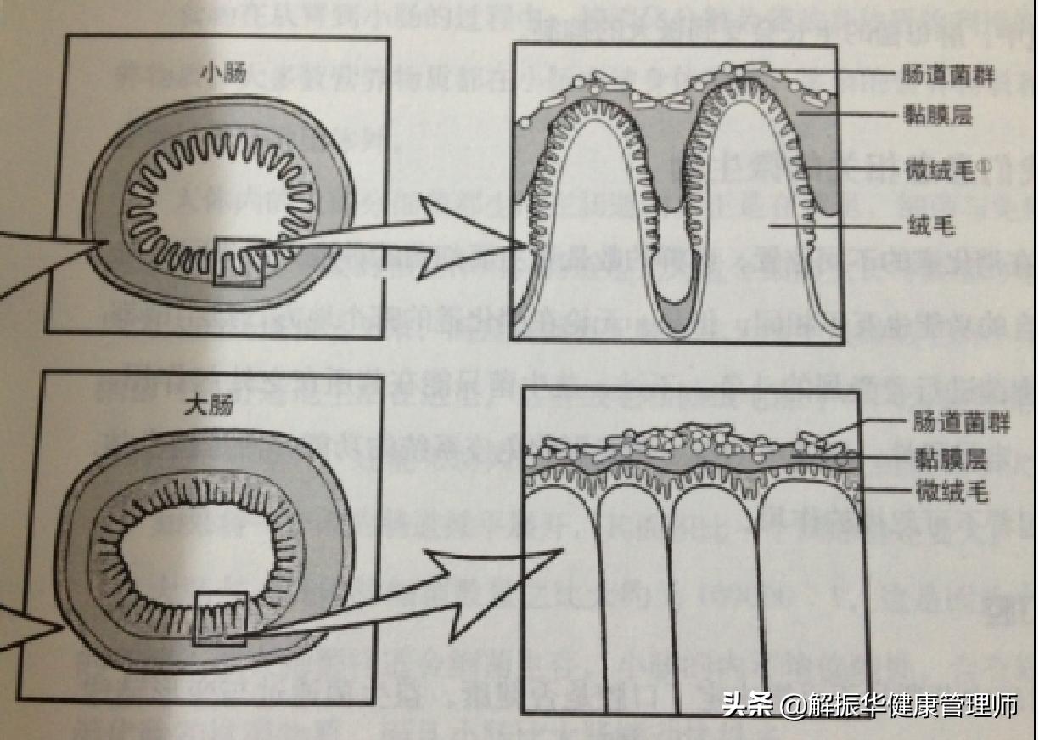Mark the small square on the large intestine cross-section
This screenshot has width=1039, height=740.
coord(220,618)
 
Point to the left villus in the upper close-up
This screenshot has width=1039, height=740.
coord(594,212)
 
